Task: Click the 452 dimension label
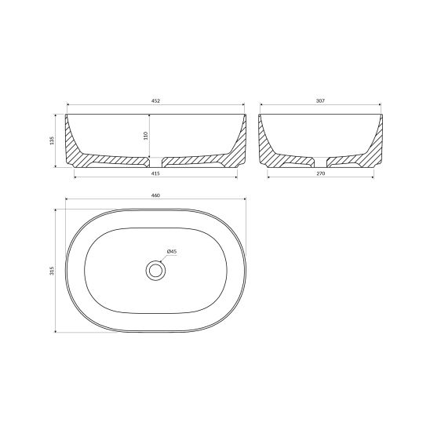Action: [x=155, y=100]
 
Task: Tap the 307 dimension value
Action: [x=320, y=100]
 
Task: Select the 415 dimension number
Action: [x=155, y=173]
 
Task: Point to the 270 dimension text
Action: [x=321, y=173]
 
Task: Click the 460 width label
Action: [x=155, y=195]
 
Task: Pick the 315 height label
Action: [x=53, y=271]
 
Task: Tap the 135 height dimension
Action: [x=53, y=140]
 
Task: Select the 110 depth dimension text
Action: [x=146, y=136]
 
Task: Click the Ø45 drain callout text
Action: [x=172, y=251]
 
